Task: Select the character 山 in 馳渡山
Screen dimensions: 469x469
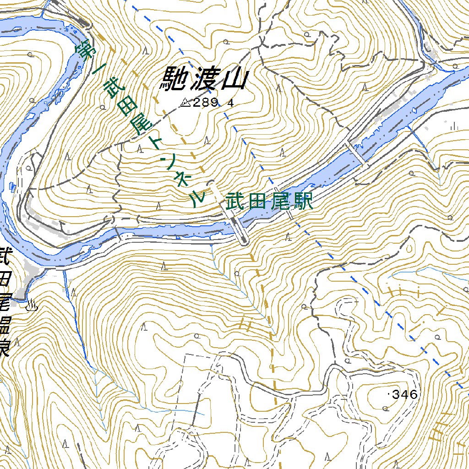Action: [234, 80]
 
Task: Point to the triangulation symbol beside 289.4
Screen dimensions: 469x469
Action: [185, 102]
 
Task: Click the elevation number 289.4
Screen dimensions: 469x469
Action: [213, 103]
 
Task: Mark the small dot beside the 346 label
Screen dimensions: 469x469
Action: [389, 394]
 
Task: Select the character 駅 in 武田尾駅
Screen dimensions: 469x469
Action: [303, 201]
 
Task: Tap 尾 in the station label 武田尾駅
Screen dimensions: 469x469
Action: [280, 202]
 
